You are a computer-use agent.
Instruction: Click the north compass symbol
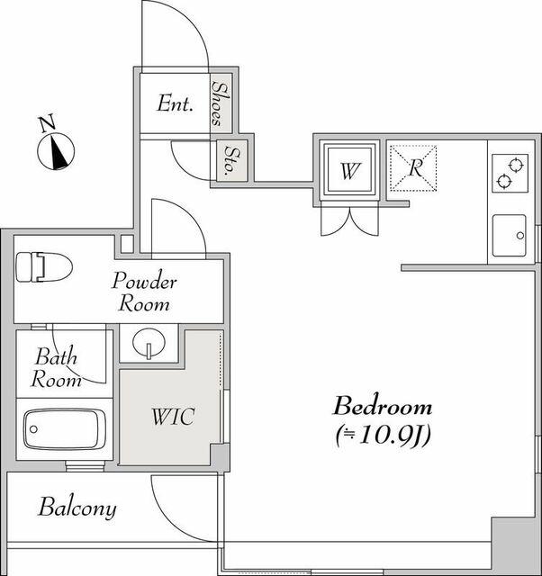point(56,151)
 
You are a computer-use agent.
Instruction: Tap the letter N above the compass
point(48,123)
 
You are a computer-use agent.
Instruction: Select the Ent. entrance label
point(175,103)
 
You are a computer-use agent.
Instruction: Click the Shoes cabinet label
point(221,103)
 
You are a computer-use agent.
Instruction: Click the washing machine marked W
point(349,170)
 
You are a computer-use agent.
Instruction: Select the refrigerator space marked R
point(413,168)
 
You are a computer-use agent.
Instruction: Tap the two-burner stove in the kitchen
point(510,173)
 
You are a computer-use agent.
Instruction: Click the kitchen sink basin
point(510,236)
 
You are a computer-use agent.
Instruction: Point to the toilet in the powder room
point(44,267)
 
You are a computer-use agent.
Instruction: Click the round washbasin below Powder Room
point(148,343)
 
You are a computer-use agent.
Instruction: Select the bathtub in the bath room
point(65,429)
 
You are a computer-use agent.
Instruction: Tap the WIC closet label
point(173,416)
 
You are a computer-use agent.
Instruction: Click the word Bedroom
point(382,406)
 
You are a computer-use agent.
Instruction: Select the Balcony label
point(77,508)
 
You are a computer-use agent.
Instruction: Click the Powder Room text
point(144,292)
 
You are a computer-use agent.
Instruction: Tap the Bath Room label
point(56,367)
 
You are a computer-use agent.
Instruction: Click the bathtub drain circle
point(33,429)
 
